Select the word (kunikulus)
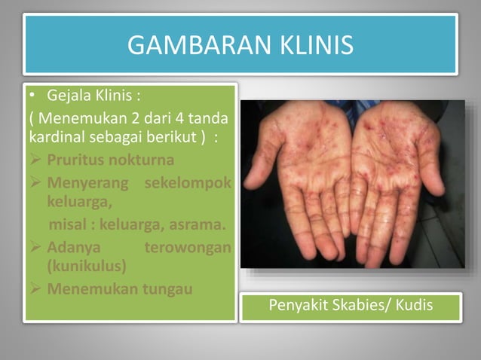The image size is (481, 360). tap(86, 266)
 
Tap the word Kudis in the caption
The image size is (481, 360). tap(417, 307)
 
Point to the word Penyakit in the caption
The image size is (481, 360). tap(297, 307)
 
